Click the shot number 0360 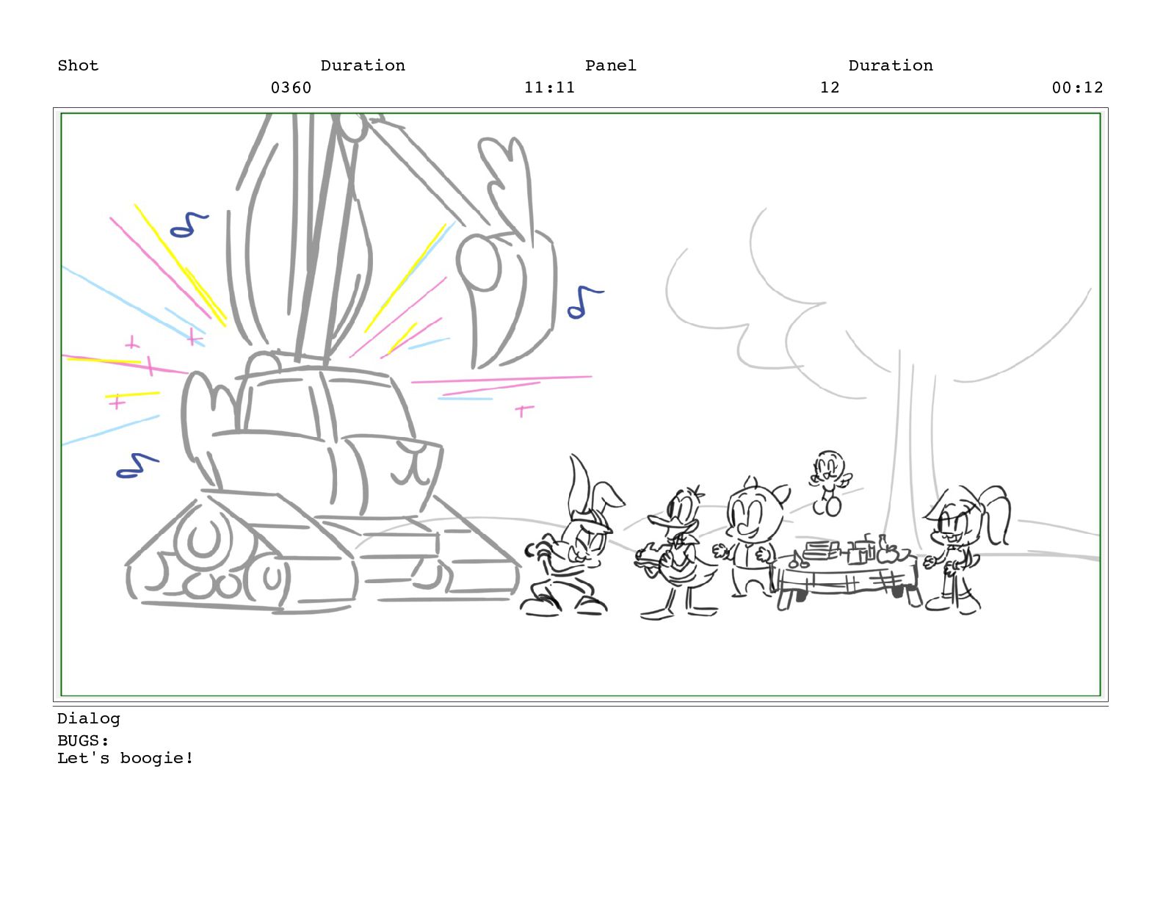point(291,87)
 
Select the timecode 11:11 point(549,87)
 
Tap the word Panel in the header point(610,65)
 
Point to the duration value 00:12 point(1077,87)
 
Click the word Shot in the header point(78,65)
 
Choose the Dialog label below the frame point(89,718)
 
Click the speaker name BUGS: point(83,740)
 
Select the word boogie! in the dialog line point(156,759)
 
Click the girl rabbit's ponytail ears point(996,514)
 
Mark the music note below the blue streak point(137,466)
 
